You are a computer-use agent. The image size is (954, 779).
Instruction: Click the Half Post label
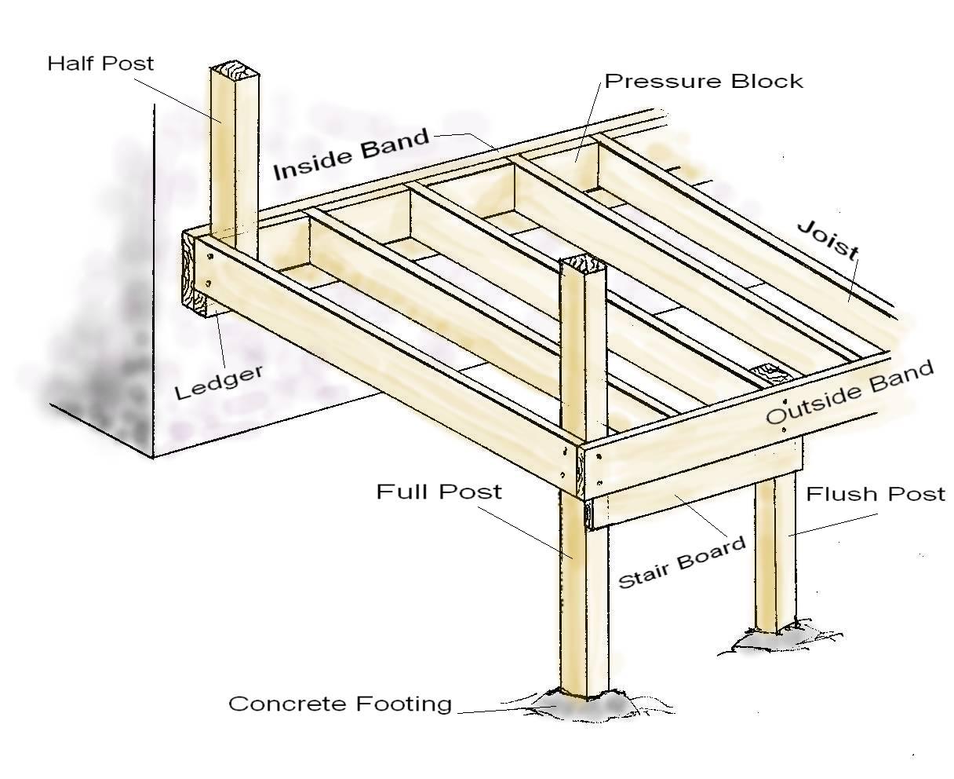tap(100, 63)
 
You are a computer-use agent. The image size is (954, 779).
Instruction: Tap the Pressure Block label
tap(704, 81)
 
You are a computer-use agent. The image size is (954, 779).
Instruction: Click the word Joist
tap(828, 240)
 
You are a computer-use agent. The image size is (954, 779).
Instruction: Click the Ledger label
tap(218, 382)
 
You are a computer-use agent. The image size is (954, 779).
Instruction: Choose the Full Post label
tap(439, 492)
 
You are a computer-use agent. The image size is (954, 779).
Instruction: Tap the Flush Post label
tap(876, 494)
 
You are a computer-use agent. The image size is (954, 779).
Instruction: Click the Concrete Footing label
tap(340, 704)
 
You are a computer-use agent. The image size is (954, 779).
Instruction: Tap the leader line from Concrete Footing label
tap(502, 711)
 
